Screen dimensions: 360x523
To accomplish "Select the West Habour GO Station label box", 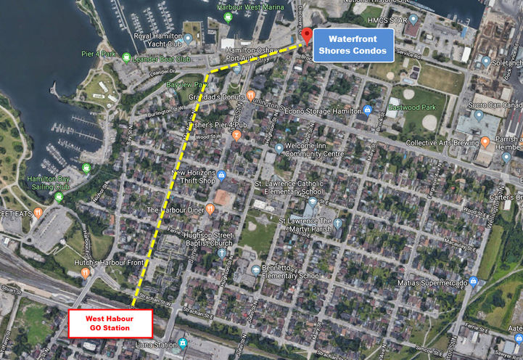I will click(110, 322).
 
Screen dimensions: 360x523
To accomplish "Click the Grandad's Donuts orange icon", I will click(251, 95).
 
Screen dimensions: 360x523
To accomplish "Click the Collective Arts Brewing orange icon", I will click(485, 143).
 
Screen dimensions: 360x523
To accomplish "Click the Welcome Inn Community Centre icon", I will click(279, 148).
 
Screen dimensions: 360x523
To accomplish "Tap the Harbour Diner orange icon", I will click(210, 209).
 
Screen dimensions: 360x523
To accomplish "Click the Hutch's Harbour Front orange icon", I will click(86, 272).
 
